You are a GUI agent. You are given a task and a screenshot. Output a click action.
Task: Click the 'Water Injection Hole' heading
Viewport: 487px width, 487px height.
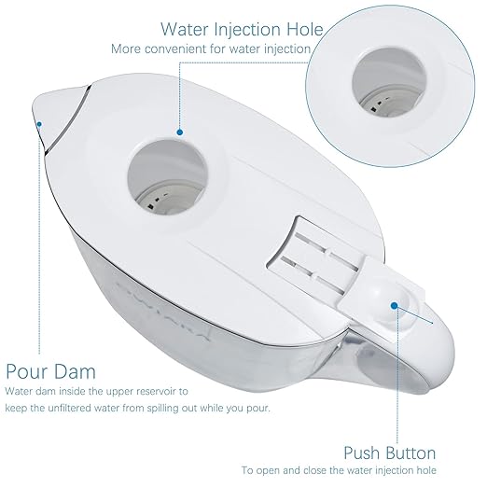click(242, 30)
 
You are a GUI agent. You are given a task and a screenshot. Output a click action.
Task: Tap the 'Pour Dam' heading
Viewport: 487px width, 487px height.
click(50, 371)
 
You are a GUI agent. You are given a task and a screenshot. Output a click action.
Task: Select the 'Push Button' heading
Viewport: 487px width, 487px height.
click(390, 453)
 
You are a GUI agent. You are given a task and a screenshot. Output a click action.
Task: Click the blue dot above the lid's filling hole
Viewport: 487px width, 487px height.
click(179, 132)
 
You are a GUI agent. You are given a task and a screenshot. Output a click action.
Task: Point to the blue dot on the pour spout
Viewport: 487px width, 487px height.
click(39, 124)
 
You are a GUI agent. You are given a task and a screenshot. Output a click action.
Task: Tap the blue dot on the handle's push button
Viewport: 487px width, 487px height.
click(395, 306)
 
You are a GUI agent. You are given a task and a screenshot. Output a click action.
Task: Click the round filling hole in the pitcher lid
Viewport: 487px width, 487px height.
click(167, 177)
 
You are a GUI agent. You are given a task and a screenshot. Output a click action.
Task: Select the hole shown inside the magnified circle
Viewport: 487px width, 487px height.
click(389, 82)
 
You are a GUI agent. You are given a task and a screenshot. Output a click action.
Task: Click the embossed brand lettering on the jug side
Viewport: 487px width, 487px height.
click(161, 311)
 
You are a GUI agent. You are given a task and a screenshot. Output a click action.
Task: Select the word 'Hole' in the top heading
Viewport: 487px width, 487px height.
click(305, 30)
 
